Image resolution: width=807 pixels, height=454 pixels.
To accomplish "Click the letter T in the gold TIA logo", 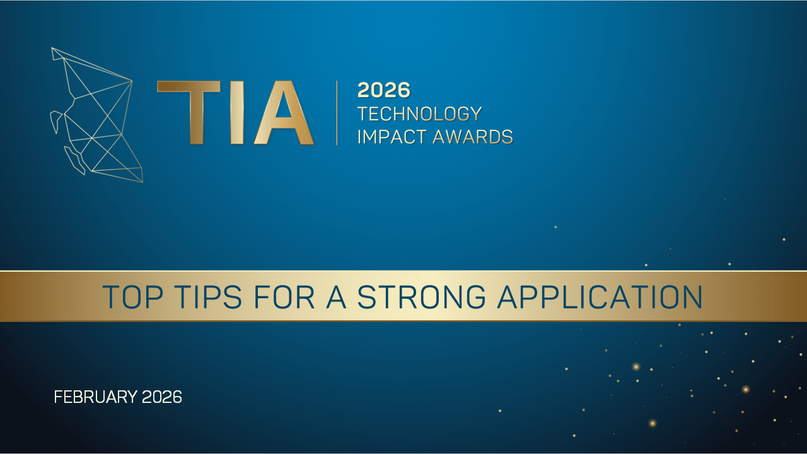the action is pos(189,112).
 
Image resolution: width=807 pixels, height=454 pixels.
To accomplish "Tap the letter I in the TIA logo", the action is pos(236,112).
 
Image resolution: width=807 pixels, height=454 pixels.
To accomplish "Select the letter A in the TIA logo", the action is pos(284,112).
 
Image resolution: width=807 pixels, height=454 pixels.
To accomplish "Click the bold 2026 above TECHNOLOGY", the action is pos(384,90).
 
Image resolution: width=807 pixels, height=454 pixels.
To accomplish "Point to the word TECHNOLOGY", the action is pos(420,114).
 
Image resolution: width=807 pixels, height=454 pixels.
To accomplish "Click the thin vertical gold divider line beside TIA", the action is pos(337,113).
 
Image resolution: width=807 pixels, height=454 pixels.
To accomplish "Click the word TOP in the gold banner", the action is pos(132,297).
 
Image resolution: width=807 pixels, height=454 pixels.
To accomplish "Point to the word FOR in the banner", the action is pos(284,297).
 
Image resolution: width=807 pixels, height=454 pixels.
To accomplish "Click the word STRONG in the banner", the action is pos(421,297).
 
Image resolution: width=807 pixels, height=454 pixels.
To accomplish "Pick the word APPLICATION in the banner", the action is pos(600,297).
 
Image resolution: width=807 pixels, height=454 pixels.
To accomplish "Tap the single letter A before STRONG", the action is pos(336,297).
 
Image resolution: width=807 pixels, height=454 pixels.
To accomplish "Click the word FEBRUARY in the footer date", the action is pos(95,397).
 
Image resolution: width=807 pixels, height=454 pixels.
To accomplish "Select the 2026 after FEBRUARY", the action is pos(162,397).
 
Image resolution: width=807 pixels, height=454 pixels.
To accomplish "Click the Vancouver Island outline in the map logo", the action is pos(75,160).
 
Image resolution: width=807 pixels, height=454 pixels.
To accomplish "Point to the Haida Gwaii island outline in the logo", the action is pos(56,122).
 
